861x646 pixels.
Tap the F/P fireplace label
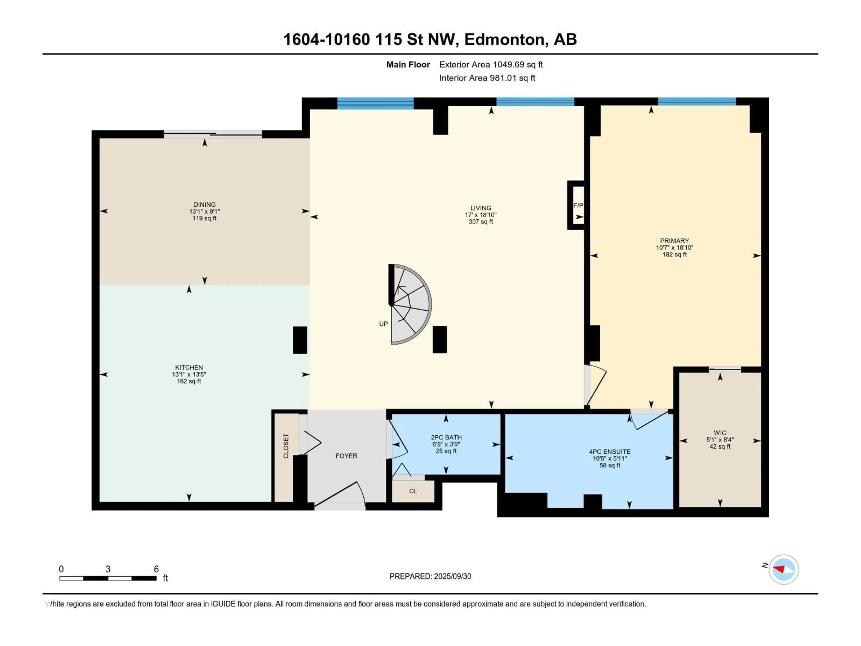coord(578,205)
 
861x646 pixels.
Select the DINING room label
coord(204,204)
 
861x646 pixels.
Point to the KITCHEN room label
coord(189,367)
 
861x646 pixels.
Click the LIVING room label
coord(481,208)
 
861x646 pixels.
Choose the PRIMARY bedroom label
coord(674,241)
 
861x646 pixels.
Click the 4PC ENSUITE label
coord(610,452)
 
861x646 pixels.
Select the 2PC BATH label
coord(446,437)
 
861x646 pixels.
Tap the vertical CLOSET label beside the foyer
coord(286,446)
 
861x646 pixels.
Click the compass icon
coord(784,569)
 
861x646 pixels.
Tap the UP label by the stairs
coord(383,324)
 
